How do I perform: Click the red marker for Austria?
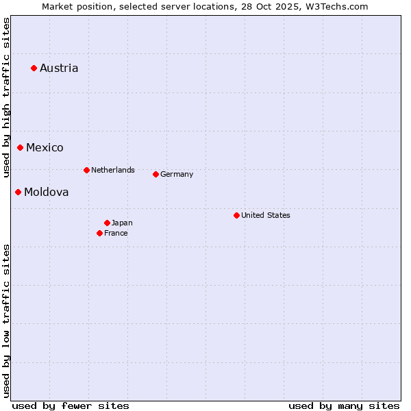(34, 68)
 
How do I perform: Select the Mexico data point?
(21, 147)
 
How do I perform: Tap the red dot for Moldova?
(18, 192)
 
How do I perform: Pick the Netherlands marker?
(86, 170)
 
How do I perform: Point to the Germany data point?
(155, 174)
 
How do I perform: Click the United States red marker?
(236, 215)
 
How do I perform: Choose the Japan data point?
(107, 223)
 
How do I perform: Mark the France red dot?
(100, 233)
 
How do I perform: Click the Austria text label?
(59, 68)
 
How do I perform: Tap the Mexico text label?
(45, 147)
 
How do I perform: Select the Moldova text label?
(46, 192)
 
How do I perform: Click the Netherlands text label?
(113, 170)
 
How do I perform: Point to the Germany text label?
(177, 174)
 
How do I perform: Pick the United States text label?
(266, 215)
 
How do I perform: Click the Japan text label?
(122, 223)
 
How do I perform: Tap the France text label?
(116, 233)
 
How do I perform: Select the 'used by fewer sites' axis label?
(71, 406)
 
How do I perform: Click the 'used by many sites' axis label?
(344, 406)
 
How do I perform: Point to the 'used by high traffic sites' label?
(6, 97)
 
